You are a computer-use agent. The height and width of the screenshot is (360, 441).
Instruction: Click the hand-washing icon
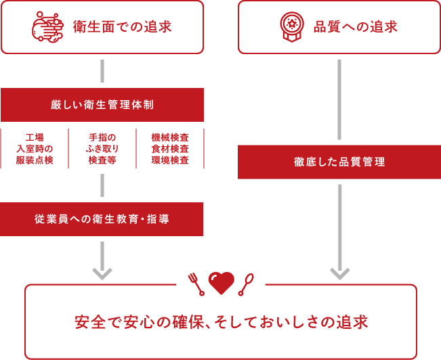(47, 27)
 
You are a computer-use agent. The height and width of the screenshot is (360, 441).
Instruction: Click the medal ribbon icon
(292, 26)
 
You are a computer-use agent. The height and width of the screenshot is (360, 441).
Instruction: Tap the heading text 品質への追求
(355, 27)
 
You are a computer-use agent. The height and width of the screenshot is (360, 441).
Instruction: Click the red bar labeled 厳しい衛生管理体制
(102, 105)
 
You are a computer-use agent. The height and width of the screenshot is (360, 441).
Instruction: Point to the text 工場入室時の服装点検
(35, 149)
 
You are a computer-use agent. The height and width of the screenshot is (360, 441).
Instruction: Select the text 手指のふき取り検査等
(102, 149)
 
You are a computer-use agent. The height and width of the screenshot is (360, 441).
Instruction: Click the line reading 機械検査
(170, 137)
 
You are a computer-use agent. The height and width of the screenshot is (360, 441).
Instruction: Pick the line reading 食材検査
(170, 149)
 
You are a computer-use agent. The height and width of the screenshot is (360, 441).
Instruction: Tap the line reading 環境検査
(170, 160)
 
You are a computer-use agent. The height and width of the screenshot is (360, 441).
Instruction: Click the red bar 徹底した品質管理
(339, 162)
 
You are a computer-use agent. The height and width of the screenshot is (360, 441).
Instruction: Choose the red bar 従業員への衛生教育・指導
(102, 219)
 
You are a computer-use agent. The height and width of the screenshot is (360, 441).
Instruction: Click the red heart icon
(221, 282)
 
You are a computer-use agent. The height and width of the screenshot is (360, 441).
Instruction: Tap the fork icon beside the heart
(196, 284)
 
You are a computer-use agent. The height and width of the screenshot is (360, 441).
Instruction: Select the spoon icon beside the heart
(246, 284)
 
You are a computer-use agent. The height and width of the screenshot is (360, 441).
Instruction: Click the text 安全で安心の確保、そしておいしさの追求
(221, 322)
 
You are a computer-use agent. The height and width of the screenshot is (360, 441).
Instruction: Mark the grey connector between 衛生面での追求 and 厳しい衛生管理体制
(102, 71)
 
